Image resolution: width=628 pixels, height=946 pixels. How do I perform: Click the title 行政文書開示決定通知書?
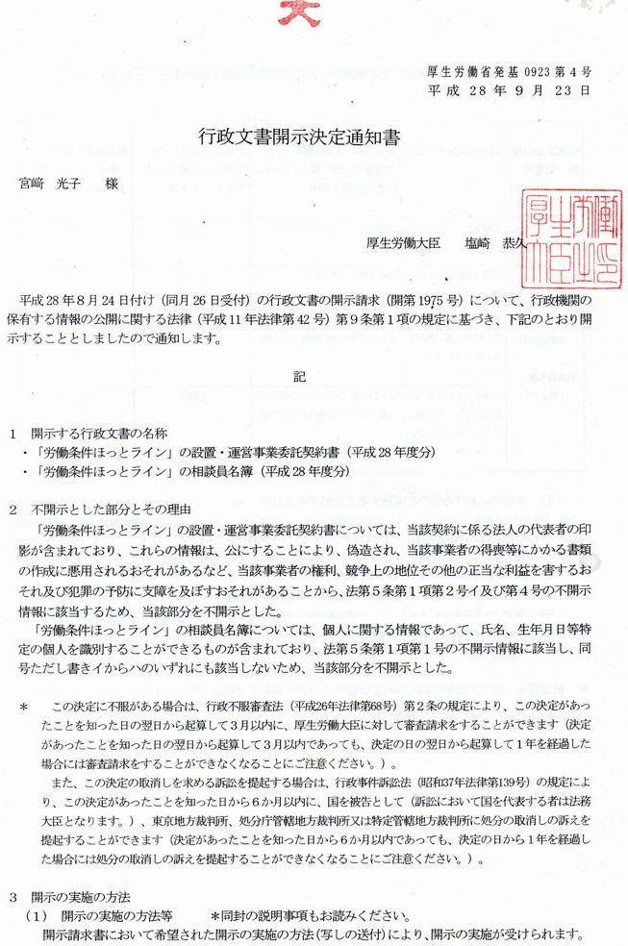(297, 138)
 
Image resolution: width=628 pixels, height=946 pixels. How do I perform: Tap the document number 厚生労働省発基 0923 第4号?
(509, 73)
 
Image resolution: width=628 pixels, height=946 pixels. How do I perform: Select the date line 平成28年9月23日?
(509, 91)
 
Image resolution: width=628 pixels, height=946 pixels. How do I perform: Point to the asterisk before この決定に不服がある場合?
(23, 707)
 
